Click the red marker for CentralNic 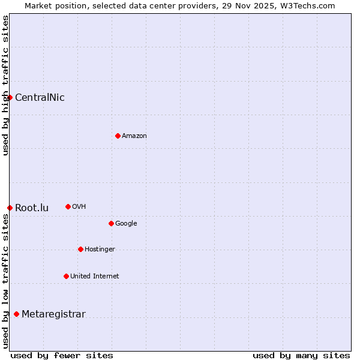(10, 97)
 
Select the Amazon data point (118, 136)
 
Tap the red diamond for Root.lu (10, 208)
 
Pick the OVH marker (68, 206)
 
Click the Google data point (111, 223)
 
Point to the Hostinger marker (80, 249)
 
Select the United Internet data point (66, 276)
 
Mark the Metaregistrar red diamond (16, 314)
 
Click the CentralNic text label (40, 97)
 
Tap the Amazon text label (134, 136)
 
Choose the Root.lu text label (32, 208)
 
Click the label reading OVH (79, 206)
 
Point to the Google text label (126, 223)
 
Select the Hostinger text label (100, 249)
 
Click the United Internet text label (95, 276)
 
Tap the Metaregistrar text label (53, 314)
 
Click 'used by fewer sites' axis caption (62, 355)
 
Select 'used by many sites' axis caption (301, 355)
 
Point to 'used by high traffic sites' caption (5, 85)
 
